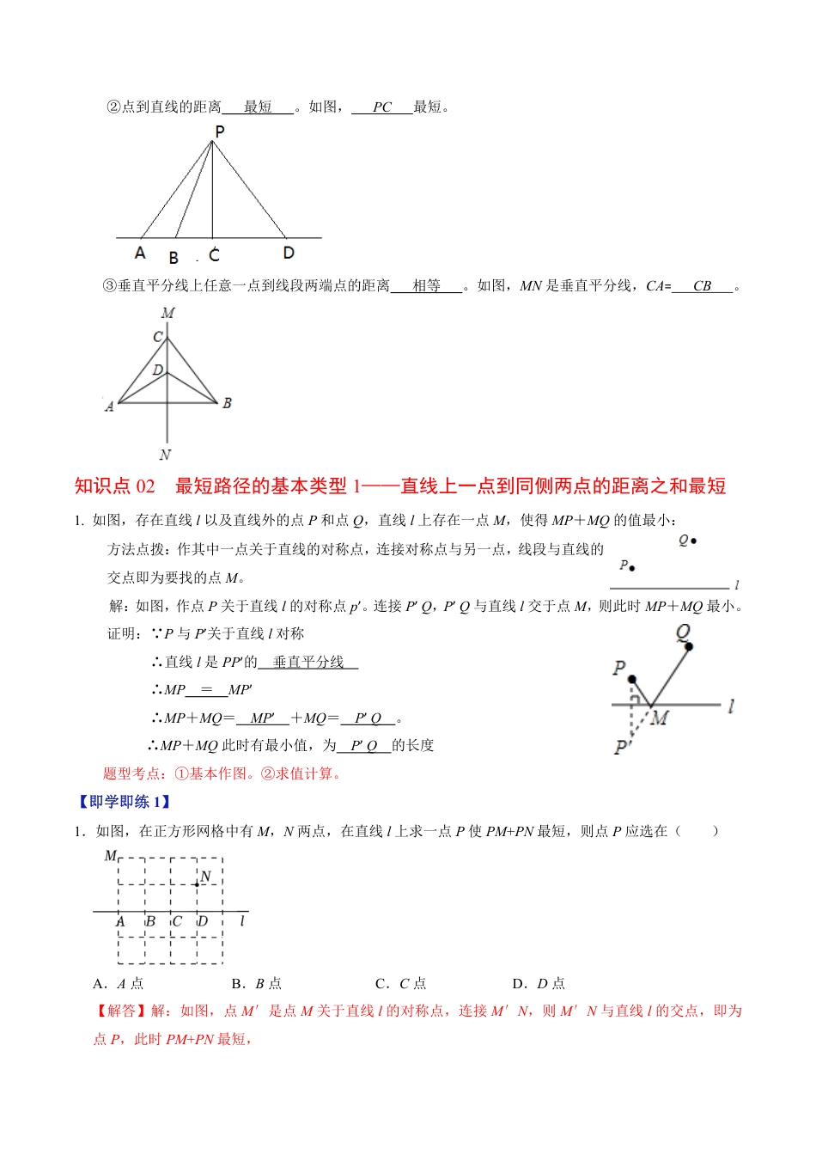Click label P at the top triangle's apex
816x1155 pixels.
[x=220, y=131]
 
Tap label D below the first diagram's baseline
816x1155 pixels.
[x=289, y=253]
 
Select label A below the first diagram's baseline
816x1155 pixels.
[x=140, y=253]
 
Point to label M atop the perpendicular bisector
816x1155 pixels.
[x=167, y=313]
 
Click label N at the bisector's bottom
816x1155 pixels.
[x=165, y=455]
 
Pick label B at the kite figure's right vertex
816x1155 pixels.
[x=227, y=403]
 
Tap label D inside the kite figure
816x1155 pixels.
[x=158, y=370]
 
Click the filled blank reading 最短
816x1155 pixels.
[x=258, y=107]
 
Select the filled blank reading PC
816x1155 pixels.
[x=382, y=107]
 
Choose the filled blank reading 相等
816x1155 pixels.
[x=426, y=286]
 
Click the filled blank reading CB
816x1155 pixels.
[x=702, y=286]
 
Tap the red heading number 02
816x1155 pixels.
[x=145, y=486]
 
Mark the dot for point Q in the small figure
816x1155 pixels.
[x=693, y=541]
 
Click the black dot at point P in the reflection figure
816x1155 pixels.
[x=632, y=680]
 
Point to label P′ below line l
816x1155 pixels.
[x=622, y=748]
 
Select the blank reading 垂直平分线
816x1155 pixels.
[x=308, y=662]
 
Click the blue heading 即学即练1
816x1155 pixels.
[x=125, y=802]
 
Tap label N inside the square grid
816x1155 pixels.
[x=205, y=877]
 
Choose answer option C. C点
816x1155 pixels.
[x=401, y=983]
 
